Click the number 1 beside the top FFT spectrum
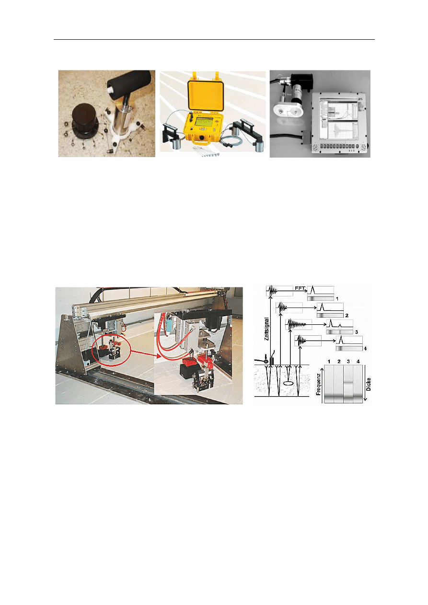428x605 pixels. [337, 299]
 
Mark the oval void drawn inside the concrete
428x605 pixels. [288, 383]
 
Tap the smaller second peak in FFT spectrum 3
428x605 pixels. [340, 325]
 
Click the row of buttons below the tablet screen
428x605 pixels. [341, 145]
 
